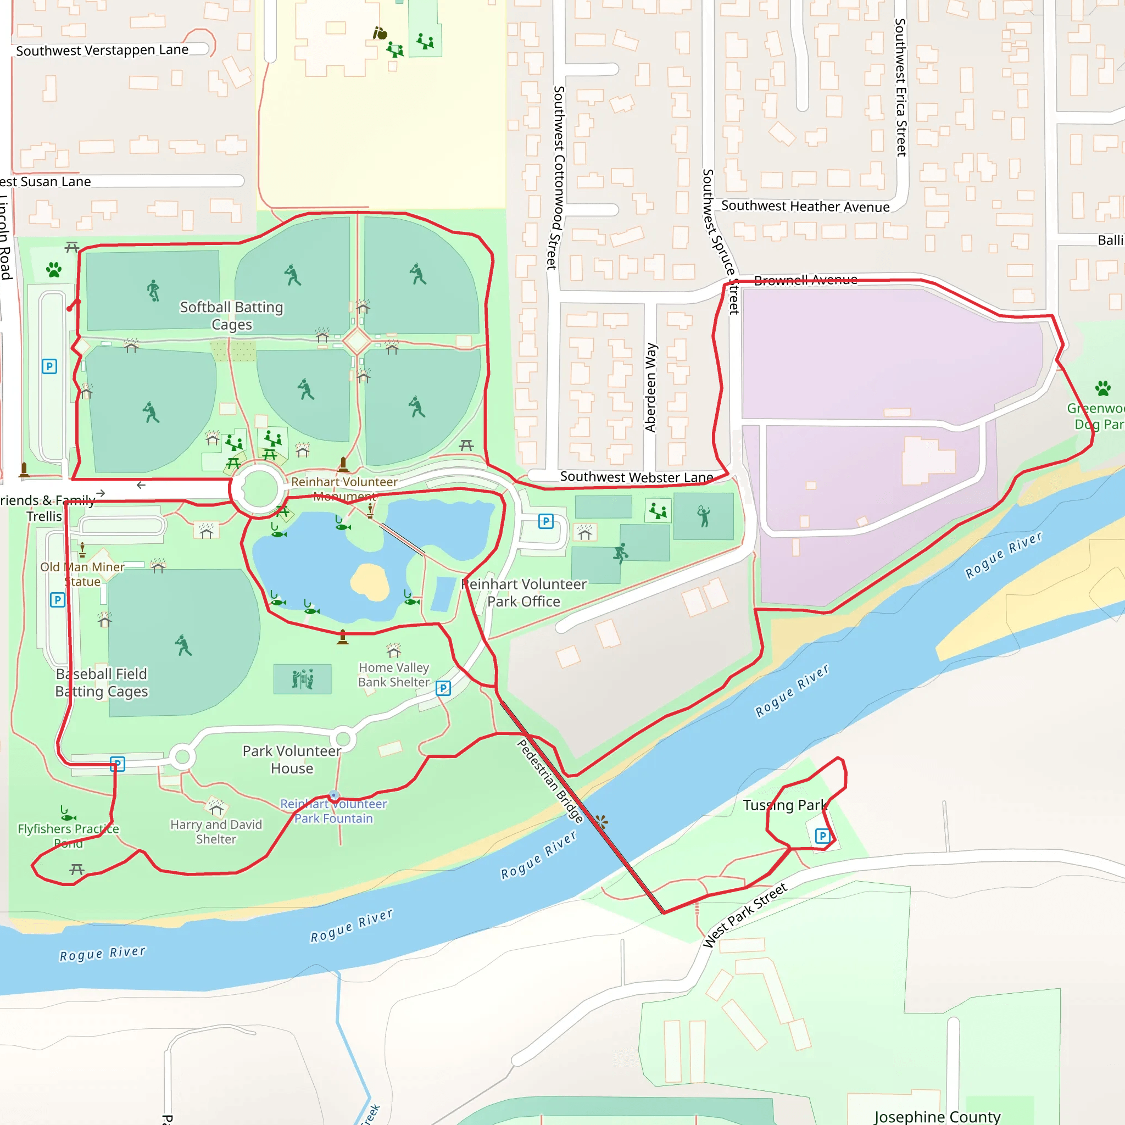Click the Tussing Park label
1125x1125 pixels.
pyautogui.click(x=784, y=805)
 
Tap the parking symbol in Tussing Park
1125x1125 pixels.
pyautogui.click(x=822, y=836)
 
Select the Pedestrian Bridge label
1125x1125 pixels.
pyautogui.click(x=550, y=781)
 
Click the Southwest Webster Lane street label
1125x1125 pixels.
pyautogui.click(x=637, y=477)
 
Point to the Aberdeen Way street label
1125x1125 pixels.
pyautogui.click(x=650, y=387)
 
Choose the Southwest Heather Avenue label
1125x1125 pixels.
pyautogui.click(x=805, y=206)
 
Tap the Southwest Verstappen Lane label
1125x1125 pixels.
pyautogui.click(x=103, y=50)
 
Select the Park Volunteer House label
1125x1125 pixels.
pyautogui.click(x=292, y=759)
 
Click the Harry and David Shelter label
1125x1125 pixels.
pyautogui.click(x=216, y=832)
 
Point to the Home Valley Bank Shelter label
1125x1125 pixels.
pyautogui.click(x=394, y=675)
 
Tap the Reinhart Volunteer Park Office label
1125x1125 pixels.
pyautogui.click(x=524, y=592)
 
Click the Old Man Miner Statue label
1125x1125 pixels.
pyautogui.click(x=82, y=574)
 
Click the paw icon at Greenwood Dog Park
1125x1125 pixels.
pyautogui.click(x=1102, y=388)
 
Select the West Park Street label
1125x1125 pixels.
pyautogui.click(x=744, y=915)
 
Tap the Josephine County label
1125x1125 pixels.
pyautogui.click(x=937, y=1116)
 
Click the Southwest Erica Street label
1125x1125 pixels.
pyautogui.click(x=901, y=87)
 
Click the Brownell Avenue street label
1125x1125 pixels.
pyautogui.click(x=805, y=280)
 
